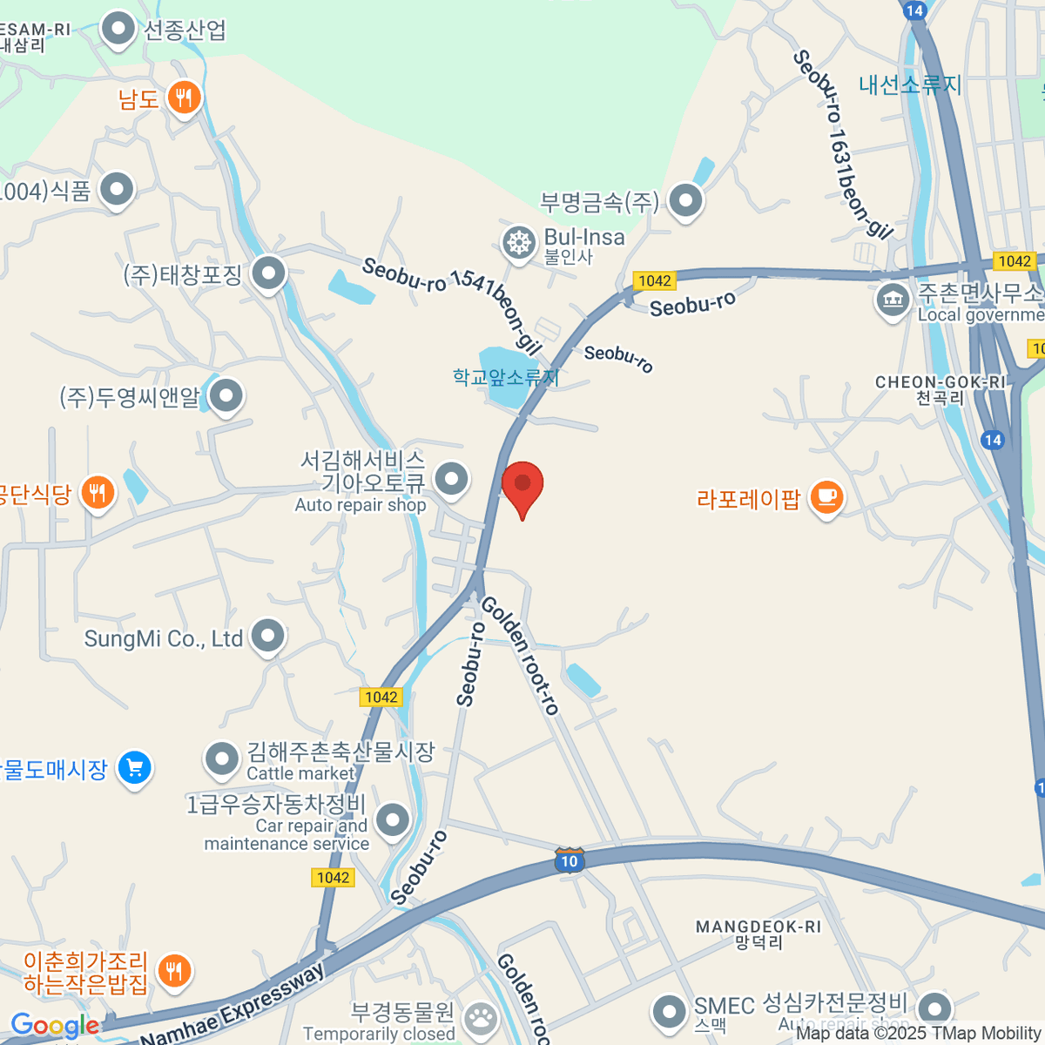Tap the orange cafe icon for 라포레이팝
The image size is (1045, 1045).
(826, 497)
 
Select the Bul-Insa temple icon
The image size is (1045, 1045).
(518, 243)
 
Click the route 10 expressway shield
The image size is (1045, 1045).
(569, 860)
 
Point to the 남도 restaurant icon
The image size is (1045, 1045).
(183, 98)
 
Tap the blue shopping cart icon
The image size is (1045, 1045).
(134, 768)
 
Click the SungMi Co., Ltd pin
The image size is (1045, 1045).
(267, 637)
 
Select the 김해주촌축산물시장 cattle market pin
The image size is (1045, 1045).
(222, 758)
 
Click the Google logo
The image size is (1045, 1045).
(54, 1026)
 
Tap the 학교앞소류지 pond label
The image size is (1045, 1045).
(505, 377)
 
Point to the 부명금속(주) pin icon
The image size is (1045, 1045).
(685, 201)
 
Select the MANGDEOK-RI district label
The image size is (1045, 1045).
(758, 927)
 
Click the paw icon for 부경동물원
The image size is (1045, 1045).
(480, 1016)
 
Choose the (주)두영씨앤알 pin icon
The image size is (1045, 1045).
(226, 396)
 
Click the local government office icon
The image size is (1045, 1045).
(892, 300)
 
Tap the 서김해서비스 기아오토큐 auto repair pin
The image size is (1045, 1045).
(451, 478)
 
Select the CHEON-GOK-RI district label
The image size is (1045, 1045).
(940, 382)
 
